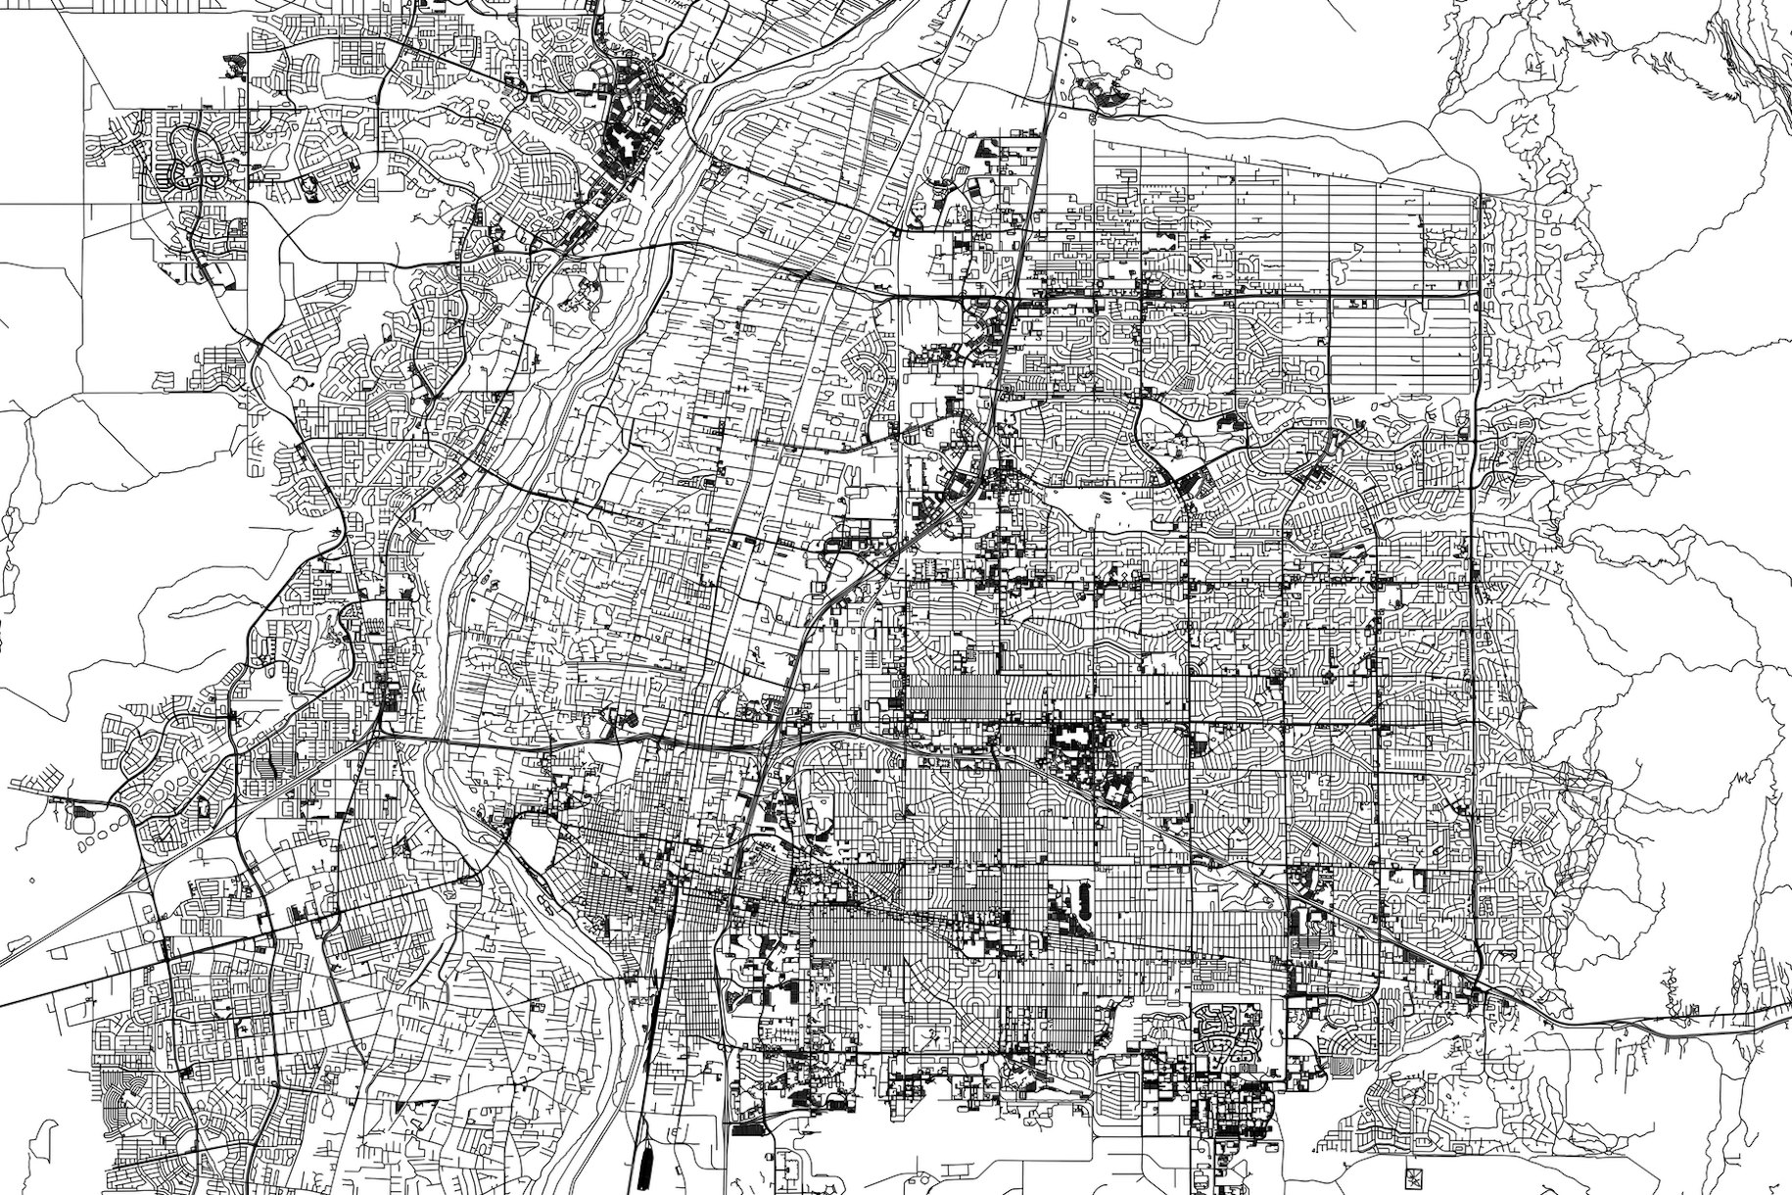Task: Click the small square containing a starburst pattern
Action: click(x=1412, y=1174)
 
